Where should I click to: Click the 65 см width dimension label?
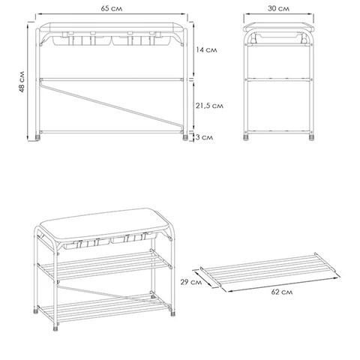click(x=112, y=8)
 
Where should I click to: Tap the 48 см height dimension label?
click(x=22, y=82)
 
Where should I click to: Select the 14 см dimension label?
click(x=206, y=50)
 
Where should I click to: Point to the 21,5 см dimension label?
click(x=209, y=106)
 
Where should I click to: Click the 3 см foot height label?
click(x=204, y=137)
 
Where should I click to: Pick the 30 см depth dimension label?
click(x=278, y=8)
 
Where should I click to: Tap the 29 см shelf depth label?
click(x=191, y=282)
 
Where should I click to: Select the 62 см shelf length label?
click(x=282, y=292)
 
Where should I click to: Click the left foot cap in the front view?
click(x=37, y=137)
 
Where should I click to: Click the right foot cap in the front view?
click(x=185, y=137)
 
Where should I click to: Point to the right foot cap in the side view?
click(x=311, y=137)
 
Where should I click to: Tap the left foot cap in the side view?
click(x=246, y=137)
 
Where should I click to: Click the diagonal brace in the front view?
click(x=112, y=105)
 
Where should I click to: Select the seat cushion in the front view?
click(x=112, y=27)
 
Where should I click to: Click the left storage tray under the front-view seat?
click(x=82, y=40)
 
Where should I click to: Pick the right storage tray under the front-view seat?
click(x=142, y=40)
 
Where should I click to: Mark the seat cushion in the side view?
click(x=278, y=27)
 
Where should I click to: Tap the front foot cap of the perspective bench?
click(x=55, y=328)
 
